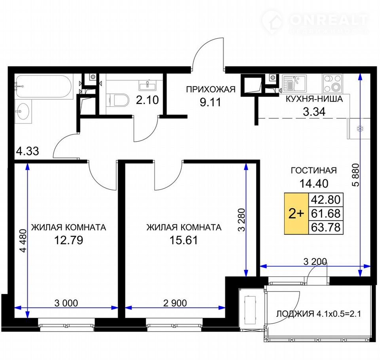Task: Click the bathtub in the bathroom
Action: click(44, 87)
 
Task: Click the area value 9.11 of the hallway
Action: click(210, 102)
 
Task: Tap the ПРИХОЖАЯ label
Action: click(211, 89)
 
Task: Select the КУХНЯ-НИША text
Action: click(314, 99)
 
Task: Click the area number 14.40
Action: click(314, 184)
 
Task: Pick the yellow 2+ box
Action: click(296, 214)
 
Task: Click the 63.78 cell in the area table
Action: click(326, 227)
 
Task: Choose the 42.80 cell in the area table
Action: click(326, 200)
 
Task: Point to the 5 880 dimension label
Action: click(355, 175)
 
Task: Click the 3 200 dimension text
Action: click(315, 261)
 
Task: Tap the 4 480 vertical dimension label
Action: click(23, 241)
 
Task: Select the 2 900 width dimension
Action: click(175, 303)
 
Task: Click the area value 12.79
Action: click(68, 240)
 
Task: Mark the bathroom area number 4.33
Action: click(27, 151)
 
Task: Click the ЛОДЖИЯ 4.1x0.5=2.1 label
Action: click(318, 314)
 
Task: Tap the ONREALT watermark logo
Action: click(315, 21)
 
